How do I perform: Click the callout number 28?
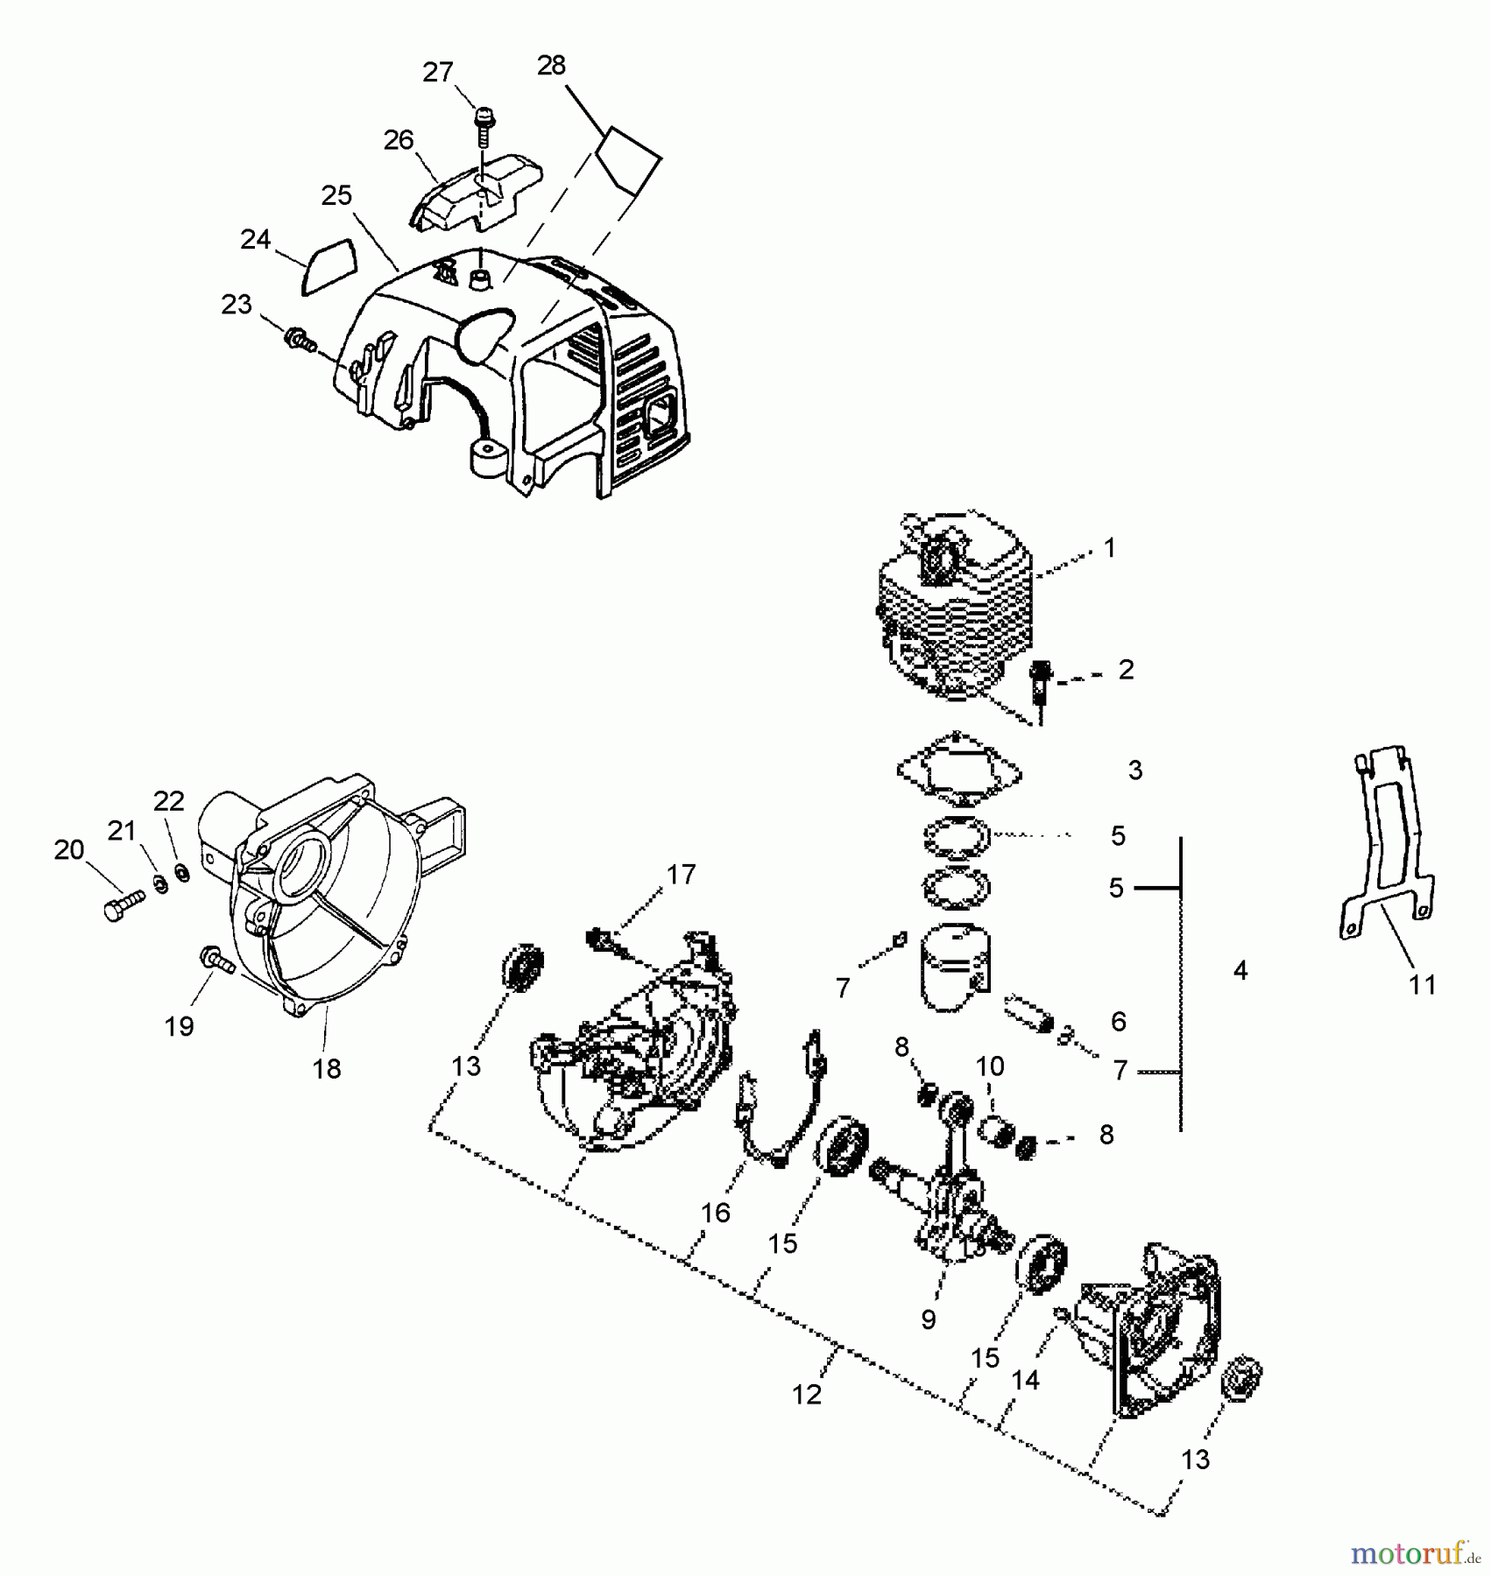(x=551, y=66)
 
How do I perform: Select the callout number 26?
(x=399, y=140)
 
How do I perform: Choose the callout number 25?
(x=336, y=195)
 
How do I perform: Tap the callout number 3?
(x=1135, y=770)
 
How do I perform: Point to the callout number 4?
(x=1240, y=970)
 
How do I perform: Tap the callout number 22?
(x=169, y=801)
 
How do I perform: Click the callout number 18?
(x=327, y=1068)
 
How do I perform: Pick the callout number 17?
(x=681, y=874)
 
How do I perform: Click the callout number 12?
(x=807, y=1395)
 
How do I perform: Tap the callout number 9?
(x=929, y=1319)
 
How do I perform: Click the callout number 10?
(x=990, y=1066)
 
